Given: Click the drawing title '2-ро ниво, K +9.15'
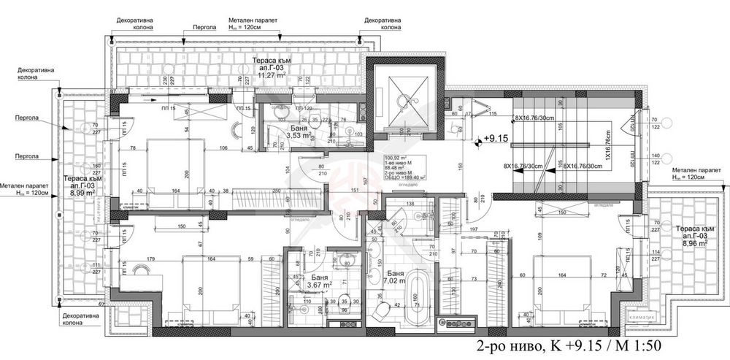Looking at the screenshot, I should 568,345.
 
